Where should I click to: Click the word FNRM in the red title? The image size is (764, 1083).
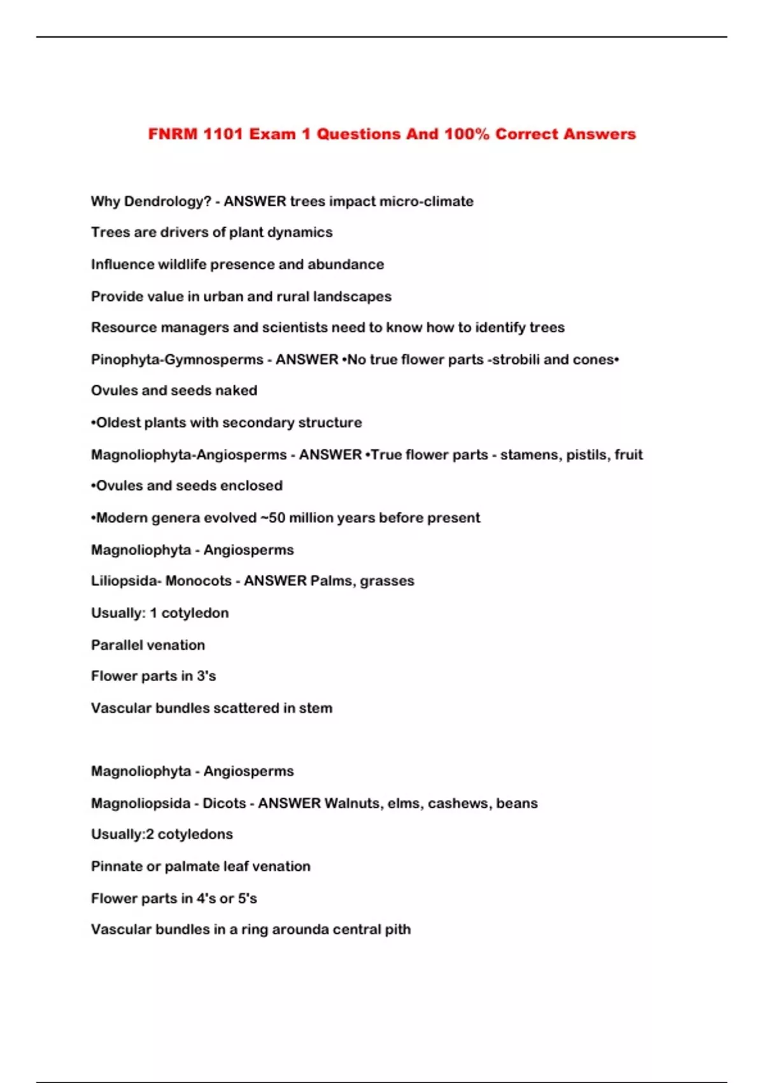pyautogui.click(x=173, y=134)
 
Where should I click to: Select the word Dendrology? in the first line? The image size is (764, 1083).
pyautogui.click(x=167, y=201)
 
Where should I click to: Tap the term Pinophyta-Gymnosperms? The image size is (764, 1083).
pyautogui.click(x=177, y=359)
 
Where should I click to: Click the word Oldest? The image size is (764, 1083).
pyautogui.click(x=118, y=422)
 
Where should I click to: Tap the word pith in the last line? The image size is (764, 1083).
pyautogui.click(x=398, y=929)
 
